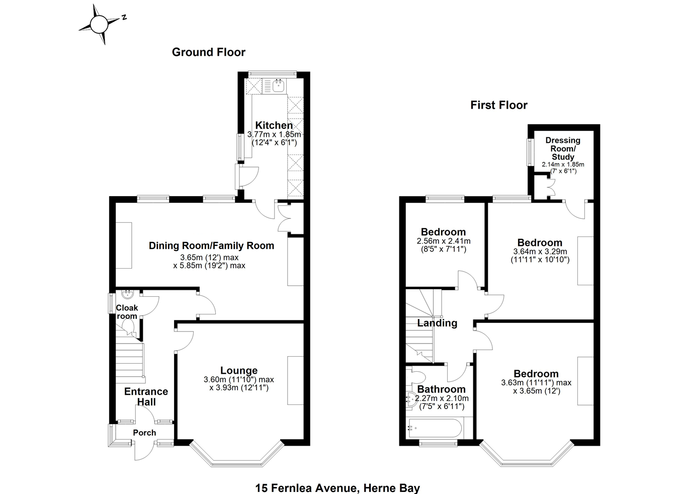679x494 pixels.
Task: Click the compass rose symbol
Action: pyautogui.click(x=99, y=25)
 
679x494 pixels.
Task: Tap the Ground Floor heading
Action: pyautogui.click(x=209, y=52)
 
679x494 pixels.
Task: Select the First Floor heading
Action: pyautogui.click(x=498, y=105)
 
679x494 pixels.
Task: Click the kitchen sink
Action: pyautogui.click(x=278, y=85)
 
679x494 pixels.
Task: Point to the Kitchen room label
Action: pyautogui.click(x=274, y=125)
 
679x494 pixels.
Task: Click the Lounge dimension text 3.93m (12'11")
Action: pyautogui.click(x=239, y=387)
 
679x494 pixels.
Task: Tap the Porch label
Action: pyautogui.click(x=144, y=433)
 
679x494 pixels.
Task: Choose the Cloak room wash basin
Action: pyautogui.click(x=127, y=294)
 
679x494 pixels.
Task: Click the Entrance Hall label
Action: pyautogui.click(x=146, y=396)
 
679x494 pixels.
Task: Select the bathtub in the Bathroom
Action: pyautogui.click(x=435, y=428)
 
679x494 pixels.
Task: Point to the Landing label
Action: pyautogui.click(x=437, y=323)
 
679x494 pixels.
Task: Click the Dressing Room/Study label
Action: pyautogui.click(x=563, y=148)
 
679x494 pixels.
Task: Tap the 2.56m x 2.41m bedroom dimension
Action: pyautogui.click(x=444, y=241)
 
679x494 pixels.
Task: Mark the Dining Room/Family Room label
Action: pyautogui.click(x=211, y=245)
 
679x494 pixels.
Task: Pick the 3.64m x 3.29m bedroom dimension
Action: pyautogui.click(x=540, y=252)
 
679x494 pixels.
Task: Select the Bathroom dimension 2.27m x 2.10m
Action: pyautogui.click(x=442, y=398)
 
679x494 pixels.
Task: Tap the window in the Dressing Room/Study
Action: pyautogui.click(x=530, y=152)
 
